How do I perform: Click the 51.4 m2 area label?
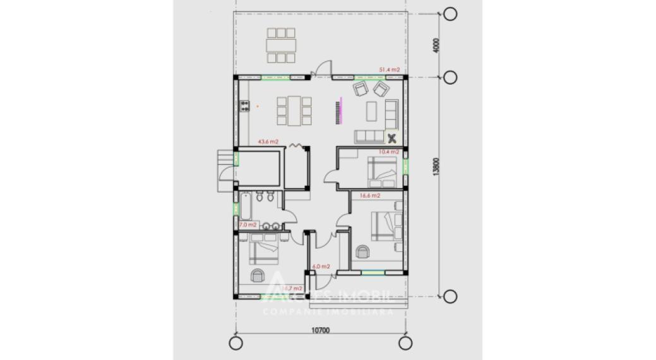(389, 69)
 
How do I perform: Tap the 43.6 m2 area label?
(268, 142)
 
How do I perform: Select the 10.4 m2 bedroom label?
(390, 152)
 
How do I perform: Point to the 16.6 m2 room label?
(370, 196)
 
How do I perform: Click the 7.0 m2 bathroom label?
(247, 225)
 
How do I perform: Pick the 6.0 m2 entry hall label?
(322, 267)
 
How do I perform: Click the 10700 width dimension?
(322, 329)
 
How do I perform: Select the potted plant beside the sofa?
(391, 137)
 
